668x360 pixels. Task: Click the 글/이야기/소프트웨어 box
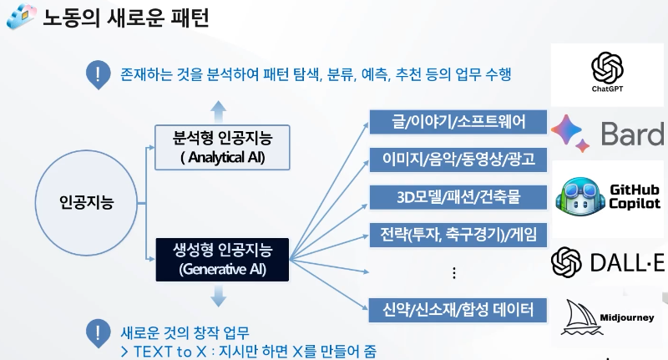coord(458,123)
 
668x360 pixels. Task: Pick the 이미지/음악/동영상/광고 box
coord(458,160)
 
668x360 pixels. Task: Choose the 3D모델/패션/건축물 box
coord(458,197)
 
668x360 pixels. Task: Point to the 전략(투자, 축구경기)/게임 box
coord(458,235)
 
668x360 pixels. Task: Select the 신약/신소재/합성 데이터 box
coord(458,310)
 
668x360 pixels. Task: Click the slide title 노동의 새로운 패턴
coord(125,18)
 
